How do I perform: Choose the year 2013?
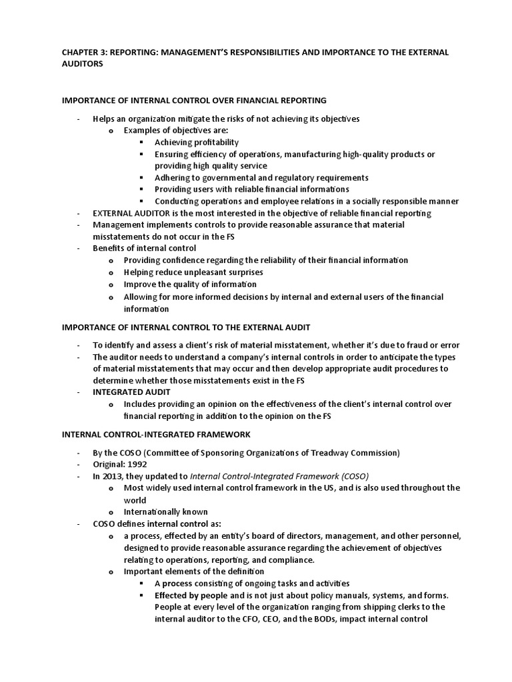click(x=113, y=476)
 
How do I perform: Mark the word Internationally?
click(x=155, y=512)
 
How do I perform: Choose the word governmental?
click(x=221, y=178)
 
